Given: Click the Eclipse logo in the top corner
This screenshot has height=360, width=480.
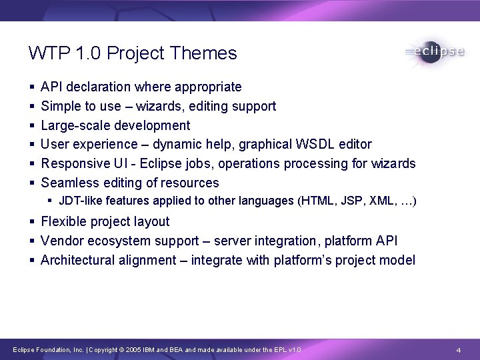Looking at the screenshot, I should point(434,52).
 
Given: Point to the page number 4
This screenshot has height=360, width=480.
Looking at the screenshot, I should point(459,350).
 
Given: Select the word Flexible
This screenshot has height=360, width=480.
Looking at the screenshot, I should point(65,221).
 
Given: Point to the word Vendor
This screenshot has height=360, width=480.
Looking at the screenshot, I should point(62,241).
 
